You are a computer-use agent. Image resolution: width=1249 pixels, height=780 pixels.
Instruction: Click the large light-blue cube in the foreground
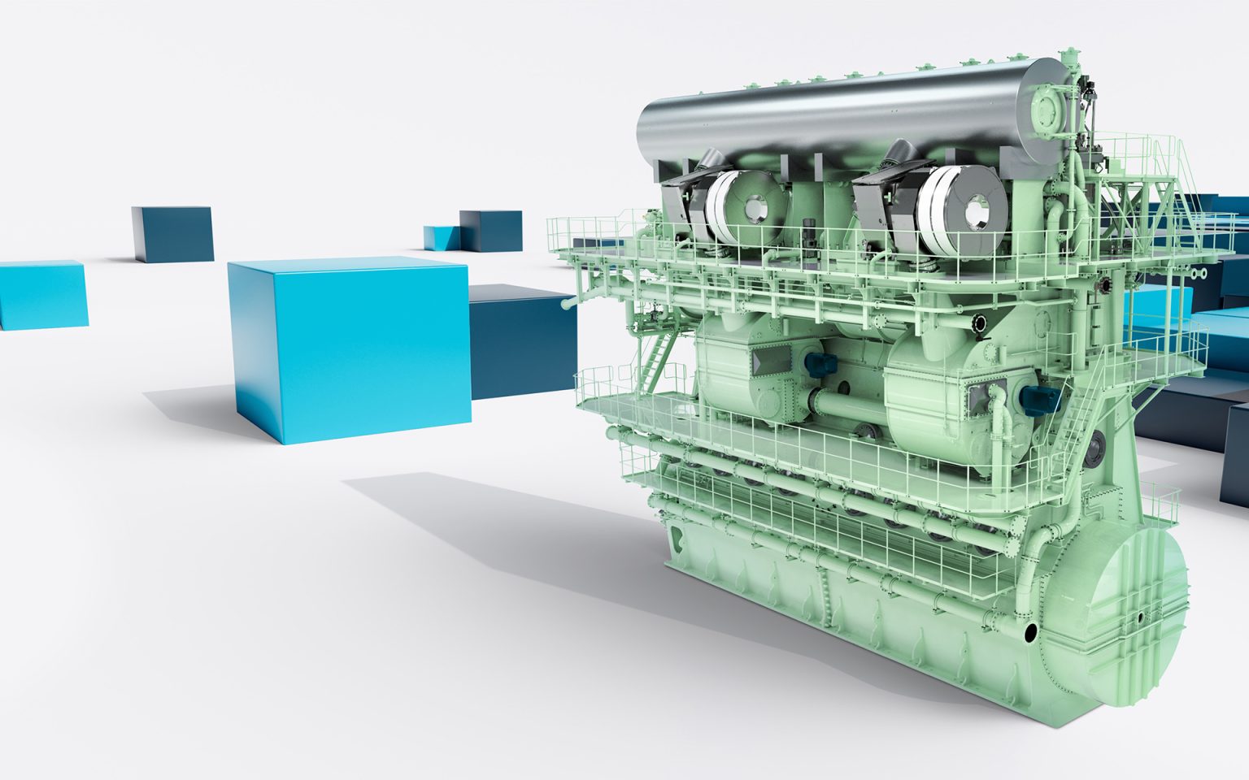click(x=350, y=349)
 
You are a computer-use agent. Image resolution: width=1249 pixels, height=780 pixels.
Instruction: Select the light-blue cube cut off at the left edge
click(x=41, y=294)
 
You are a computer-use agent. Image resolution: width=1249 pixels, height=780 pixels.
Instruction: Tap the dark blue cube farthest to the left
click(x=172, y=234)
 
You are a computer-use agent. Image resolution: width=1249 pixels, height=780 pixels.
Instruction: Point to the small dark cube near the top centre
click(x=491, y=230)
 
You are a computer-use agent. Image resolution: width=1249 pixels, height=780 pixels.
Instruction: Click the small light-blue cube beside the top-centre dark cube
click(x=441, y=238)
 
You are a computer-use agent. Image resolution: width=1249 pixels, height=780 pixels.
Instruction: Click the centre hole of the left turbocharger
click(x=758, y=210)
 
